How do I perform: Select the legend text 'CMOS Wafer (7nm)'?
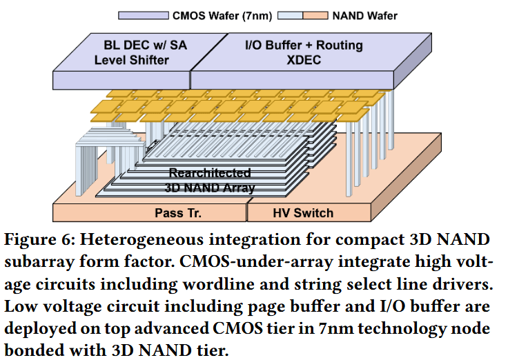(215, 14)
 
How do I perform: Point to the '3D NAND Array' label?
(210, 187)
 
